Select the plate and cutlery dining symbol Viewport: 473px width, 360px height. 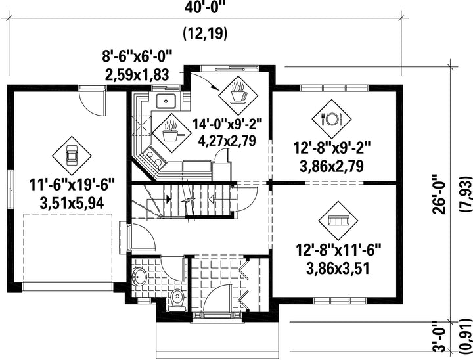[x=332, y=119]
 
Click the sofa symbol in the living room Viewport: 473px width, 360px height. [x=338, y=221]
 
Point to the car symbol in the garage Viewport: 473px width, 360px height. [x=72, y=156]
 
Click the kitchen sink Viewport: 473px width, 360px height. [x=166, y=101]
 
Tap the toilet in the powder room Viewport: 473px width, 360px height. [x=177, y=300]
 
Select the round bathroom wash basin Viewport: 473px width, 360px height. [x=140, y=276]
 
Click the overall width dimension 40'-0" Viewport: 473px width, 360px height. [x=205, y=7]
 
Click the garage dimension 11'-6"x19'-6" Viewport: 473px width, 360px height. [x=72, y=185]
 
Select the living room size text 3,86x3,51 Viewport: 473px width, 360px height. [x=338, y=269]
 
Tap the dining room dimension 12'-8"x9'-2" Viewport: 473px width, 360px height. [x=332, y=148]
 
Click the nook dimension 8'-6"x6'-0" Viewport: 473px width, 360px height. [x=137, y=56]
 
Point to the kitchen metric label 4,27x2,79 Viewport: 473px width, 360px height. [x=227, y=141]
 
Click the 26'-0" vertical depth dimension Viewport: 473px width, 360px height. [x=439, y=193]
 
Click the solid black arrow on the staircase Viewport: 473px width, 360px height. [x=168, y=199]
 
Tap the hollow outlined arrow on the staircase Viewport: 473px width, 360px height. [x=211, y=199]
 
